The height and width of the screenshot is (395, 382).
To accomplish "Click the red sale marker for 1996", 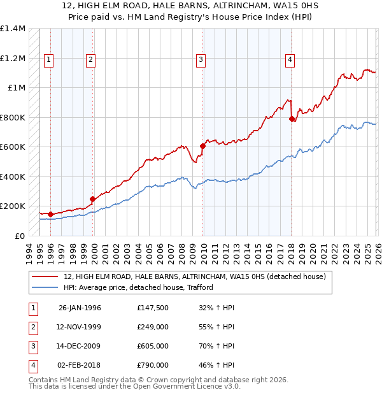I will click(50, 214).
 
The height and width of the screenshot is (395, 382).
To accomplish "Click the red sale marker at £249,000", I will click(93, 199).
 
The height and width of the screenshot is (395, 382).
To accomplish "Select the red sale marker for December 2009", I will click(203, 146).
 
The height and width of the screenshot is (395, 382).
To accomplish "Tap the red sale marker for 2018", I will click(292, 118).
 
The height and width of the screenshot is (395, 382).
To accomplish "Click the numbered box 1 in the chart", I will click(49, 60).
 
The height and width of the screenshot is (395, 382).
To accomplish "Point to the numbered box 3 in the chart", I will click(201, 60).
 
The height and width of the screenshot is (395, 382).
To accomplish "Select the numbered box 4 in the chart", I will click(290, 60).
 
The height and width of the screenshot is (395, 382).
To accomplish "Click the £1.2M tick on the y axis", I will click(12, 58).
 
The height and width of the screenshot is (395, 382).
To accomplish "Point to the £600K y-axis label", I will click(12, 147).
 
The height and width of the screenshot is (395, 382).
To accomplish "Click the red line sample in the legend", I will click(46, 276).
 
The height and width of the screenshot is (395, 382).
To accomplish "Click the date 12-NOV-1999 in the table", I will click(80, 327).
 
